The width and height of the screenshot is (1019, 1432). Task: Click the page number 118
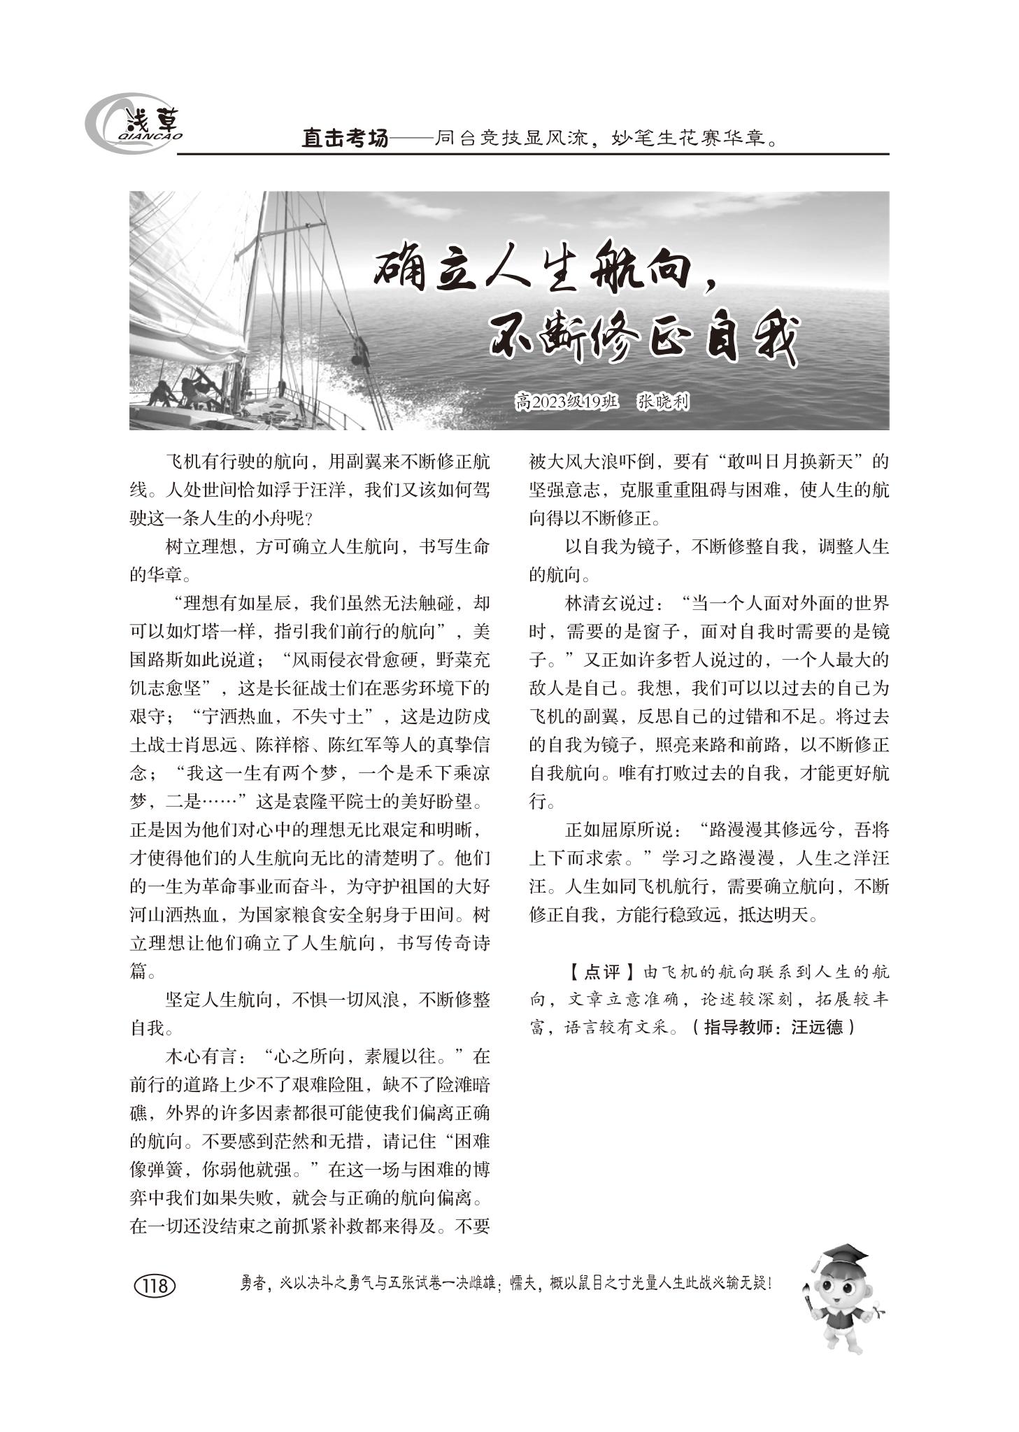(x=154, y=1286)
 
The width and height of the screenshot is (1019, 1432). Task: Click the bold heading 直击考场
(x=344, y=139)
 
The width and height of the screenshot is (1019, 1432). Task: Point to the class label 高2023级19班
(x=566, y=402)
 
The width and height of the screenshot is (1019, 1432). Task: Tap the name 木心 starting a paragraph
(x=183, y=1055)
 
